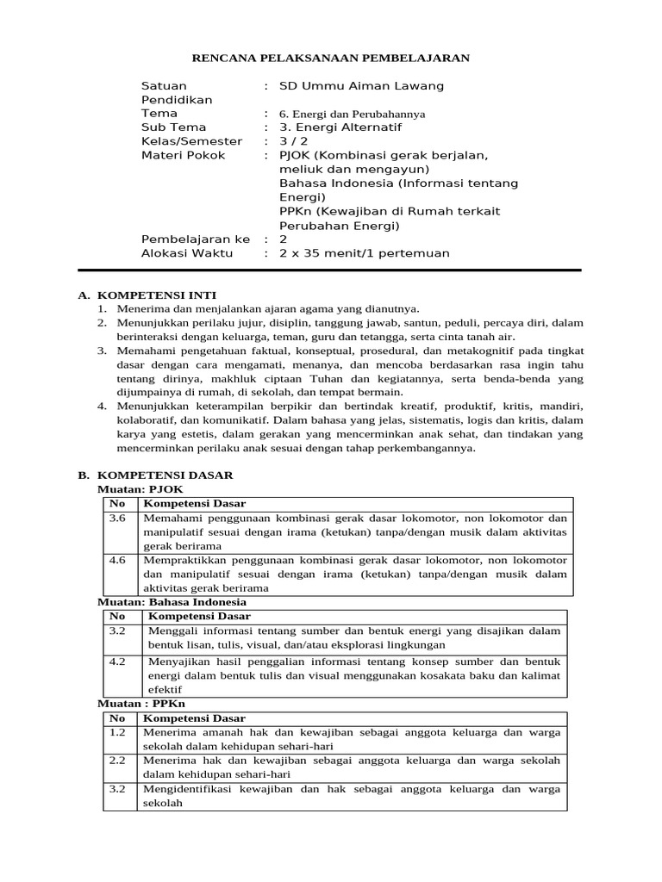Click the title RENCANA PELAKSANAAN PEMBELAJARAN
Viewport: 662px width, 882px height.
click(x=330, y=58)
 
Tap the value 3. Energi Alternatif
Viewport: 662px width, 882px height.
click(x=340, y=127)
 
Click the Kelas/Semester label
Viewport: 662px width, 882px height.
click(x=191, y=141)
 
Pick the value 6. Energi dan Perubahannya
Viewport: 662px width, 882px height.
click(x=352, y=114)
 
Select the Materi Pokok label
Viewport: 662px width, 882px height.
click(x=183, y=155)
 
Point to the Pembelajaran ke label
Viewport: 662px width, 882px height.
click(x=195, y=239)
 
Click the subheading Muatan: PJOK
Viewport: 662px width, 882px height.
click(x=141, y=488)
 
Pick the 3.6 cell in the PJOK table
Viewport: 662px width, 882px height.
click(x=118, y=519)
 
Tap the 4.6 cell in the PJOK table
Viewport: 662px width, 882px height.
click(x=118, y=560)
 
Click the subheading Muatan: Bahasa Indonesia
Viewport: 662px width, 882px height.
click(x=172, y=602)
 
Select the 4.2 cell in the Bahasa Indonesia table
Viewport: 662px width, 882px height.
click(x=118, y=661)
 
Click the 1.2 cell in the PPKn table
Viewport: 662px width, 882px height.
click(x=118, y=732)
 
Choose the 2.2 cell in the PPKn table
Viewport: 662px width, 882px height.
click(x=118, y=761)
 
